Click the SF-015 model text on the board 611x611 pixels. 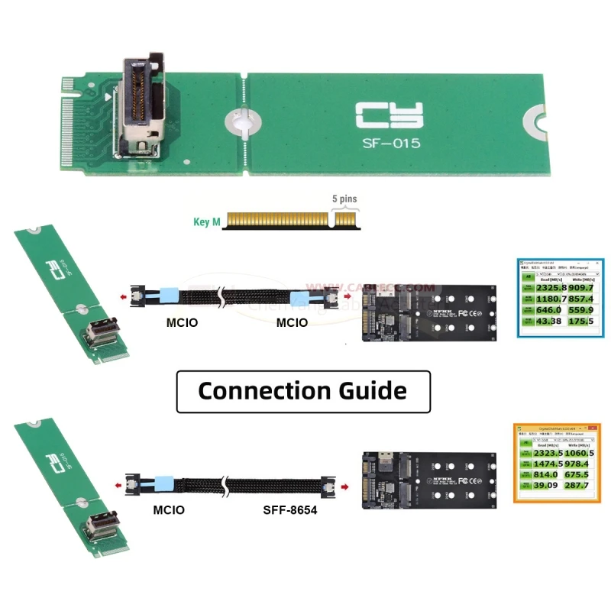[391, 142]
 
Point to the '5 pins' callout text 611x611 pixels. [344, 199]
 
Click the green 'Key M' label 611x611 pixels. [206, 223]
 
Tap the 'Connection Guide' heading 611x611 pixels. [302, 390]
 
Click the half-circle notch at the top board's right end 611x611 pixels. [535, 120]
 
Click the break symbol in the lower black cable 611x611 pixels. [224, 485]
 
